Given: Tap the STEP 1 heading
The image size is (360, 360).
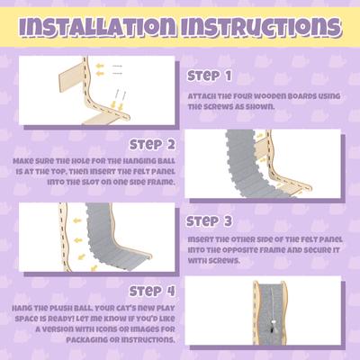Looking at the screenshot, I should coord(210,76).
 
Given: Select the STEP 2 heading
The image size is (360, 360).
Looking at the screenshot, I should coord(151,144).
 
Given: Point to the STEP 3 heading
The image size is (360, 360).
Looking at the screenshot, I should coord(210,220).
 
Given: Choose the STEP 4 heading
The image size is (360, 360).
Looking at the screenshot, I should coord(151,291).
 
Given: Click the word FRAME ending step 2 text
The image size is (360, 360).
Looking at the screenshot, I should coord(160,181).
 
